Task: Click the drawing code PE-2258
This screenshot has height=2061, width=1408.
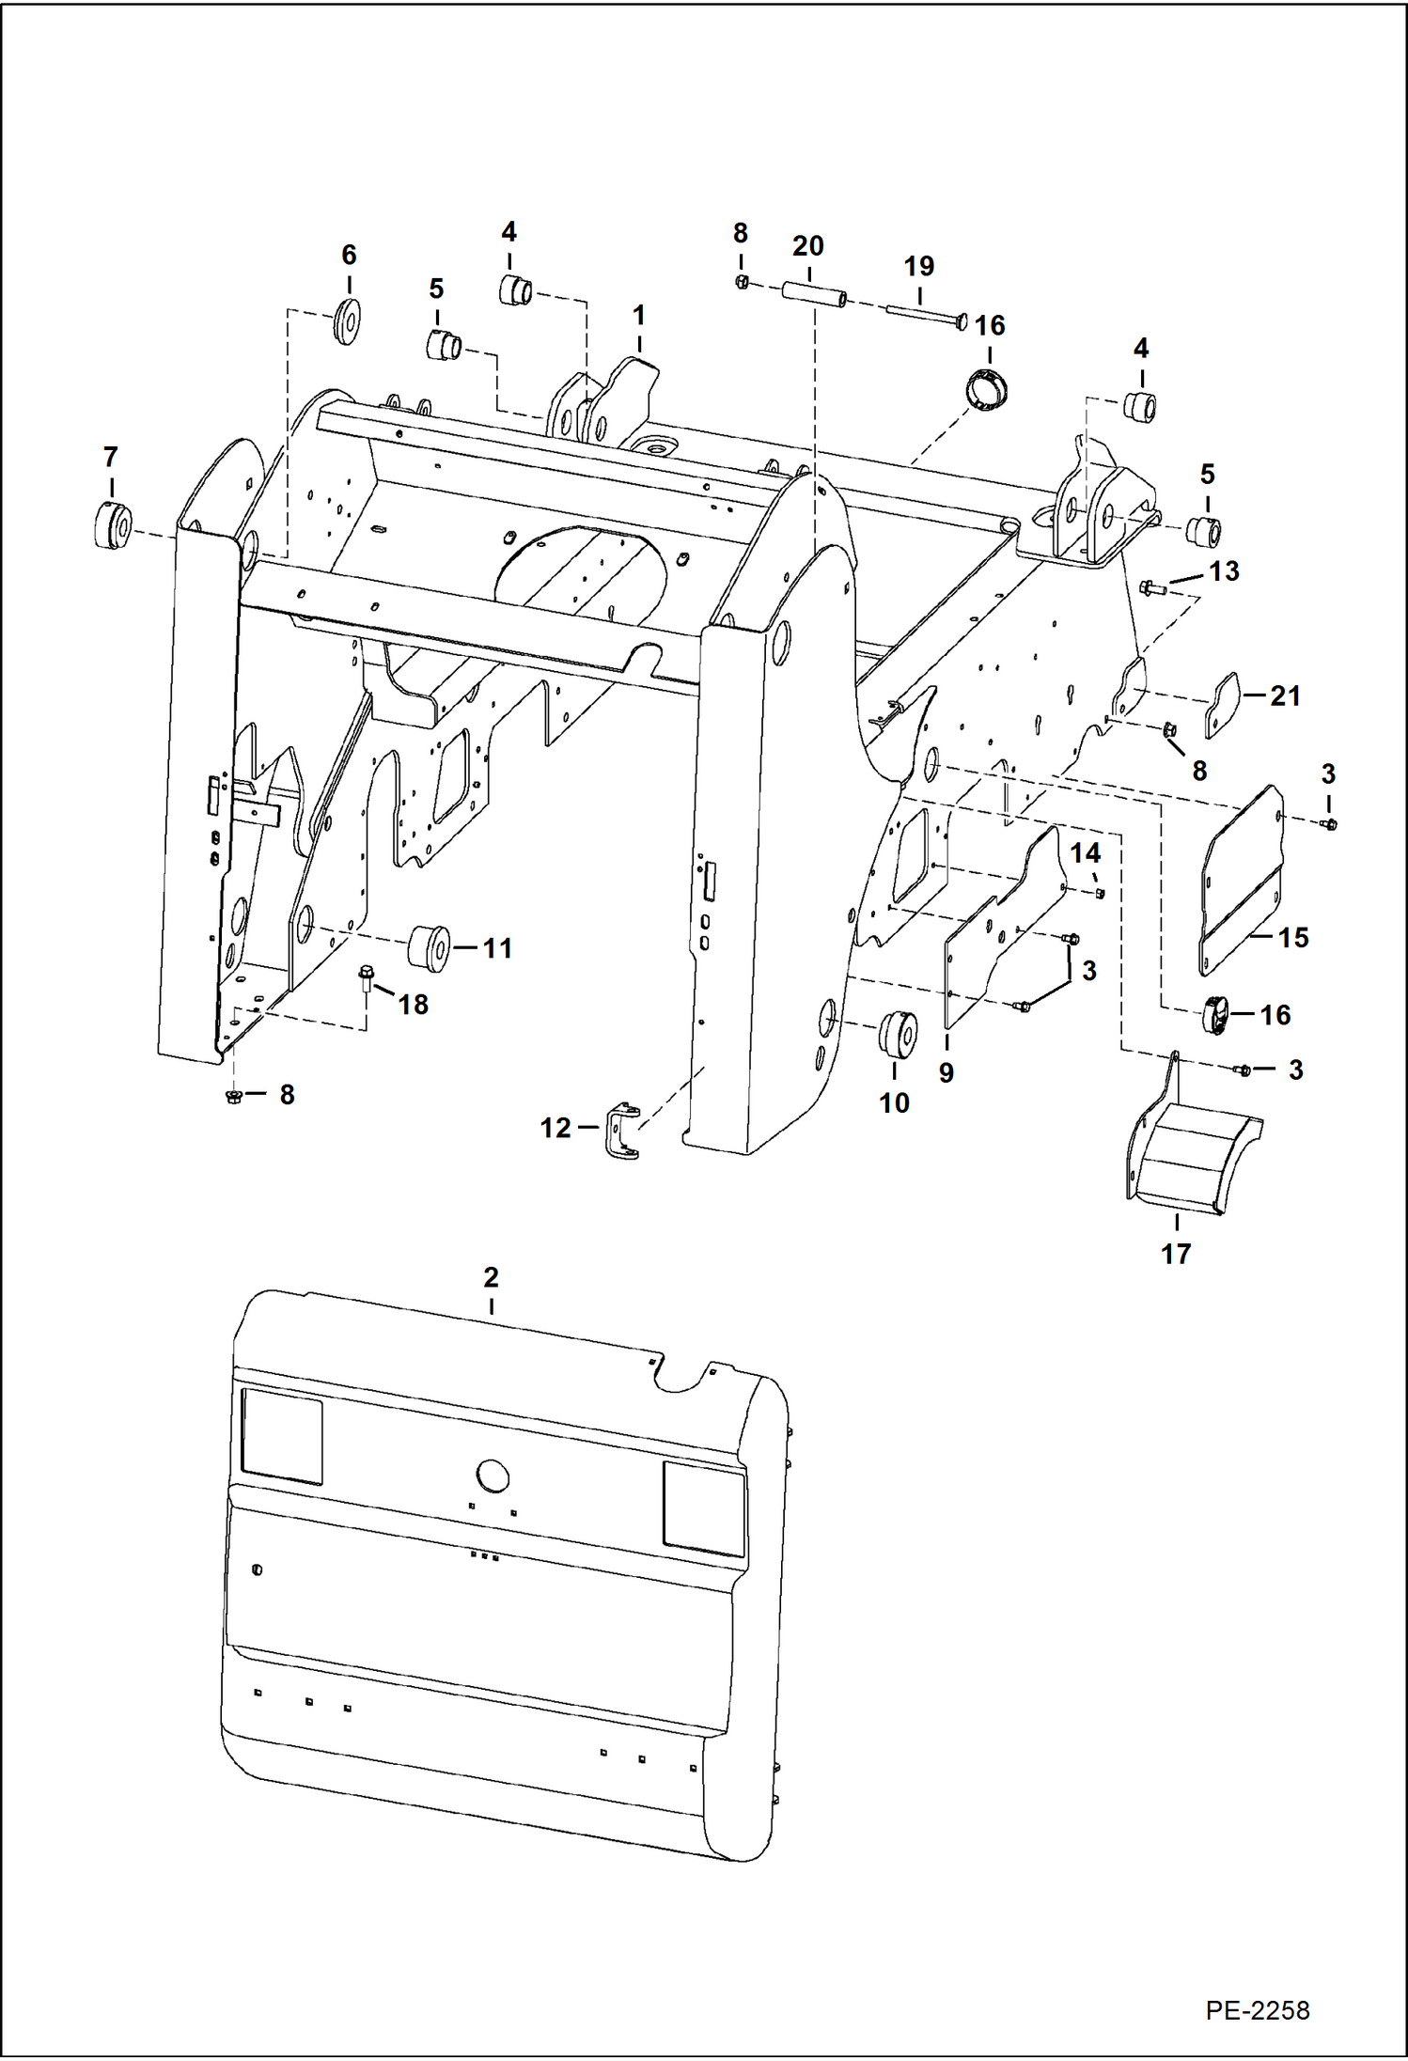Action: [1257, 2009]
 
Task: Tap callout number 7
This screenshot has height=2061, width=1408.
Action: [111, 458]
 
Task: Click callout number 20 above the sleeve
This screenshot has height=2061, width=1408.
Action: [807, 246]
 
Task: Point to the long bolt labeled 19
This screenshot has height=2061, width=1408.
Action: [926, 315]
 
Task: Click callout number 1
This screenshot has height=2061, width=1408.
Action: [639, 316]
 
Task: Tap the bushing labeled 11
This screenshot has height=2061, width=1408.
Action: [430, 946]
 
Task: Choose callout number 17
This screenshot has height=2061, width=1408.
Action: [1175, 1253]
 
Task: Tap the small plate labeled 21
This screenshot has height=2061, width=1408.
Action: [1223, 705]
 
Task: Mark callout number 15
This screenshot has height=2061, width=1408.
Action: [1293, 937]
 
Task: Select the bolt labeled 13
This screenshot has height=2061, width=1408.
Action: [1151, 588]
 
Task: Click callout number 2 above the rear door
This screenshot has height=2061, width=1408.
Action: [491, 1277]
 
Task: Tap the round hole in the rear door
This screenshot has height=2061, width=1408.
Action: [493, 1476]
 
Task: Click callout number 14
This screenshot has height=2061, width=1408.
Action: [1085, 852]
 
